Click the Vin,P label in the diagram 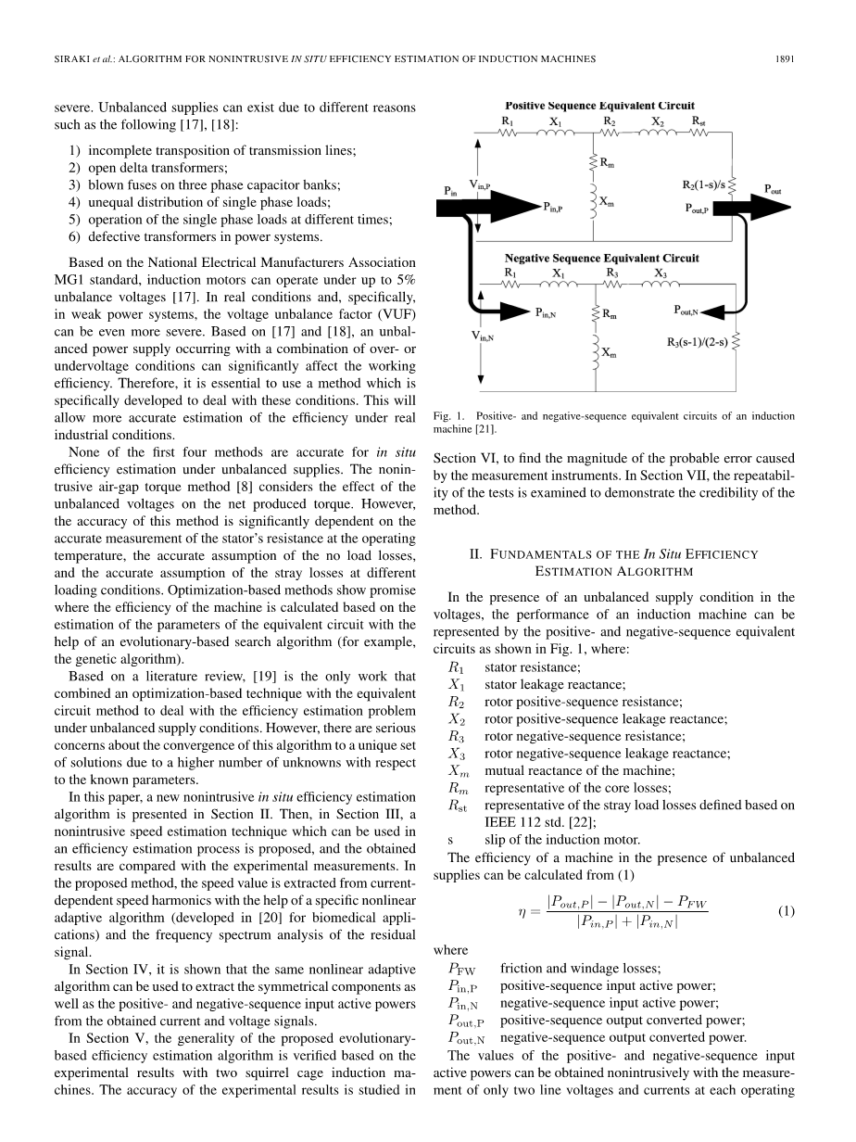click(x=480, y=184)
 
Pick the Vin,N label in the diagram click(x=482, y=338)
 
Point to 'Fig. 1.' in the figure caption click(x=446, y=416)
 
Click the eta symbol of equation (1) click(x=523, y=910)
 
